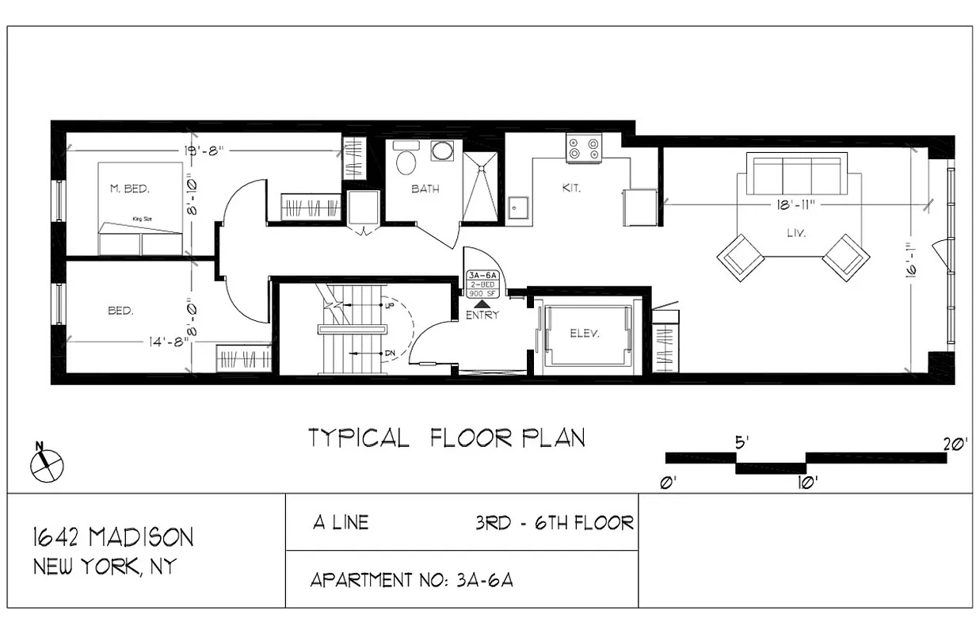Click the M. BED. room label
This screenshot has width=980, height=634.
click(x=129, y=189)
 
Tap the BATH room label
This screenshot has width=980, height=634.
click(x=425, y=189)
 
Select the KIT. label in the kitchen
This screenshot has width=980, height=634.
click(x=571, y=189)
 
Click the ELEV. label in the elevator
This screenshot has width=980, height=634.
click(x=585, y=334)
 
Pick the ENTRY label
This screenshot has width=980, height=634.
click(x=482, y=315)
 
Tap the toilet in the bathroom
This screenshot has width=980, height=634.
click(x=406, y=161)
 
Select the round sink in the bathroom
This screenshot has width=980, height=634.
click(x=441, y=151)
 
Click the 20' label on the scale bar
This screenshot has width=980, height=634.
click(x=955, y=445)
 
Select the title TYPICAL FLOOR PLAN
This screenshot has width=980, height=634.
click(x=447, y=437)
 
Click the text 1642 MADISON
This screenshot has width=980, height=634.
click(x=112, y=537)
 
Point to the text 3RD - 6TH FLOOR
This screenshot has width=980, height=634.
click(x=554, y=523)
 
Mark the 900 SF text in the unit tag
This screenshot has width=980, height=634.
click(x=482, y=293)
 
